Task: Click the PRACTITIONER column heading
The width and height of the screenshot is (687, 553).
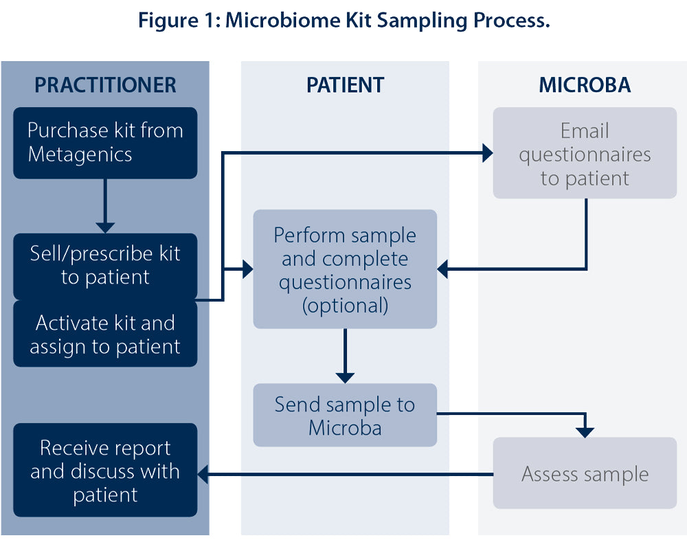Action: point(105,85)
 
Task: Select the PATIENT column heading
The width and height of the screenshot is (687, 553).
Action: point(346,85)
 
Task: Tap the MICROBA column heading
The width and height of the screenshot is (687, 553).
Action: point(585,85)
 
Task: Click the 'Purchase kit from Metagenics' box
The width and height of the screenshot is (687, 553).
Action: point(105,143)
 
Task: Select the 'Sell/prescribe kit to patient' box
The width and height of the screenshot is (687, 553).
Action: point(105,266)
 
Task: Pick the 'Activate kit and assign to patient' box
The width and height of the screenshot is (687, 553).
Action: point(105,334)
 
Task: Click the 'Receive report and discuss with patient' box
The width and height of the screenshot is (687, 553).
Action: point(105,470)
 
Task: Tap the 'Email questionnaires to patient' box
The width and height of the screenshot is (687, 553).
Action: point(585,153)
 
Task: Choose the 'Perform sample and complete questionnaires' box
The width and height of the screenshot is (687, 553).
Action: point(346,269)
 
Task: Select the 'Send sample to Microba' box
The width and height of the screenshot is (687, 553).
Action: point(346,415)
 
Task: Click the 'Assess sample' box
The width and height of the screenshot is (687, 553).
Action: point(585,473)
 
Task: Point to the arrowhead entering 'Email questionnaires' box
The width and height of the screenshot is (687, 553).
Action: point(488,153)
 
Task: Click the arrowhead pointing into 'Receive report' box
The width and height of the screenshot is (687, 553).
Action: point(203,474)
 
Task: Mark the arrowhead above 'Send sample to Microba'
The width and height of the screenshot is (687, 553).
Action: point(346,378)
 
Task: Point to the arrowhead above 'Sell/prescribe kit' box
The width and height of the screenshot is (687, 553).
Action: point(105,228)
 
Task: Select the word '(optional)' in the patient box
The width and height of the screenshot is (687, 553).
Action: point(346,306)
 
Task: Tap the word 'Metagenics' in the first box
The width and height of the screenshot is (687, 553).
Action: point(80,155)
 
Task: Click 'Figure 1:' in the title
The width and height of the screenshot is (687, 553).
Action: point(179,21)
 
